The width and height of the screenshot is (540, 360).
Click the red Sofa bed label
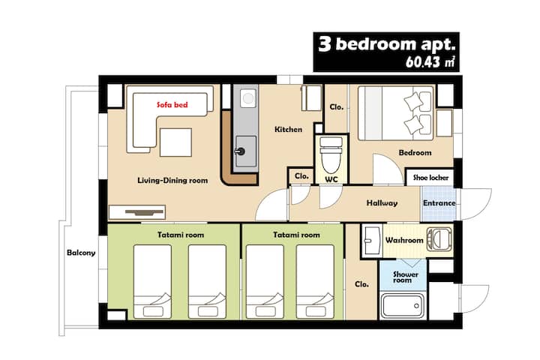point(172,105)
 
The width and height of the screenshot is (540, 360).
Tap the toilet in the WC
point(331,154)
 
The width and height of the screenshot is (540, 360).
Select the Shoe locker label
point(430,178)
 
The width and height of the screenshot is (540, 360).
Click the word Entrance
point(439,203)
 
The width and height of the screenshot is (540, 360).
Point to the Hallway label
point(382,203)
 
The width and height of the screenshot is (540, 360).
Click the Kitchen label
point(288,129)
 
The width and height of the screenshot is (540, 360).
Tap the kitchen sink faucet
point(240,151)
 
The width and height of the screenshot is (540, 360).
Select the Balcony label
point(81,253)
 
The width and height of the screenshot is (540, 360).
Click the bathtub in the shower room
point(402,305)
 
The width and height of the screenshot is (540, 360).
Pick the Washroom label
point(404,240)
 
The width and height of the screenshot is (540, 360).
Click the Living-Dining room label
point(172,180)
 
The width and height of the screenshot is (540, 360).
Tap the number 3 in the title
point(325,44)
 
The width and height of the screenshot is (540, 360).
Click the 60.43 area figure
point(423,62)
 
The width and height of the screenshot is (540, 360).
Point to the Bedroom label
point(415,152)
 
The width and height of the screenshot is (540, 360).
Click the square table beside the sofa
point(175,142)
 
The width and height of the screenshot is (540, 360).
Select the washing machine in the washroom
point(439,239)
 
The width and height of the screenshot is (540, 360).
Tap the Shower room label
point(406,277)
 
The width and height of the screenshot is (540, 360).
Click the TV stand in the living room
point(137,212)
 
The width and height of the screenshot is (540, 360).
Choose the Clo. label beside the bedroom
point(337,107)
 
